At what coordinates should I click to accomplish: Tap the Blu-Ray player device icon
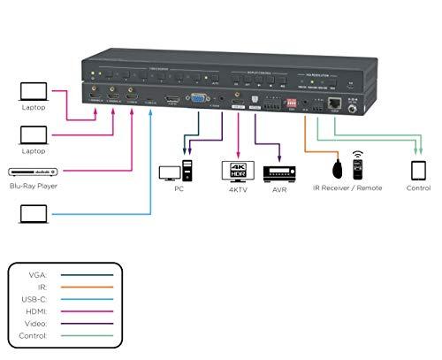click(x=32, y=172)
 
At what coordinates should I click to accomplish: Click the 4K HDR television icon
click(x=236, y=171)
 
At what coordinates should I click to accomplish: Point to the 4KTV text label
click(x=236, y=189)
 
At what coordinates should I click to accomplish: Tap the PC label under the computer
click(x=179, y=189)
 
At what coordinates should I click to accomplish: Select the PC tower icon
click(x=187, y=170)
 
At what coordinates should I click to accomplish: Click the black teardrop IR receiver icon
click(x=337, y=169)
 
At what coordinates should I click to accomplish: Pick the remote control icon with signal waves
click(x=358, y=165)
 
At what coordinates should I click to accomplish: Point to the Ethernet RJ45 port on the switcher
click(x=335, y=103)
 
